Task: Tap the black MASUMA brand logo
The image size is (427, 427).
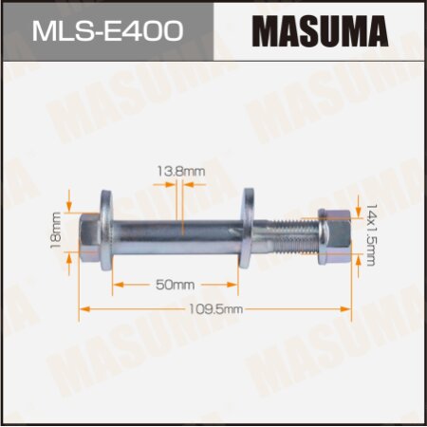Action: click(320, 30)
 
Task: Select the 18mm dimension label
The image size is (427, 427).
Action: click(56, 228)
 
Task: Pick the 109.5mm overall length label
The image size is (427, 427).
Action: click(216, 309)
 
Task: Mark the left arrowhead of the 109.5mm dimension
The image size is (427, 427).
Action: click(84, 308)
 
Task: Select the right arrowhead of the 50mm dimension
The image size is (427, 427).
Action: click(236, 283)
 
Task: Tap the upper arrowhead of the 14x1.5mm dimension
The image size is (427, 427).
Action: click(358, 201)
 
